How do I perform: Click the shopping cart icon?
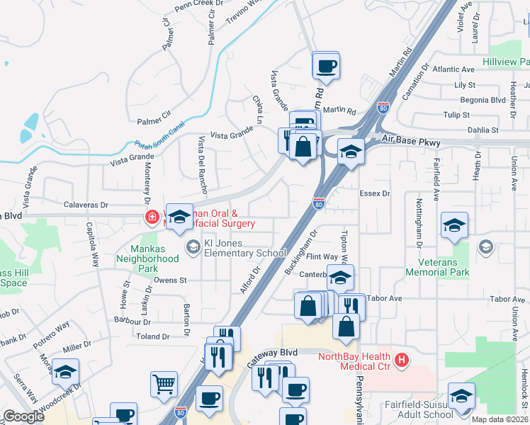coord(164,384)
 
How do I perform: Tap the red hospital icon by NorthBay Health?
coord(402,361)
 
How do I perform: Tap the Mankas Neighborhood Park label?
coord(154,254)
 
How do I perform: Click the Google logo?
coord(23,416)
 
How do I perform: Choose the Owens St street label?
coord(169,280)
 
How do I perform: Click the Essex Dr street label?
coord(375,193)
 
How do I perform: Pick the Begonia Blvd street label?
coord(482,100)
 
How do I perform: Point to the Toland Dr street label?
coord(155,336)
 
